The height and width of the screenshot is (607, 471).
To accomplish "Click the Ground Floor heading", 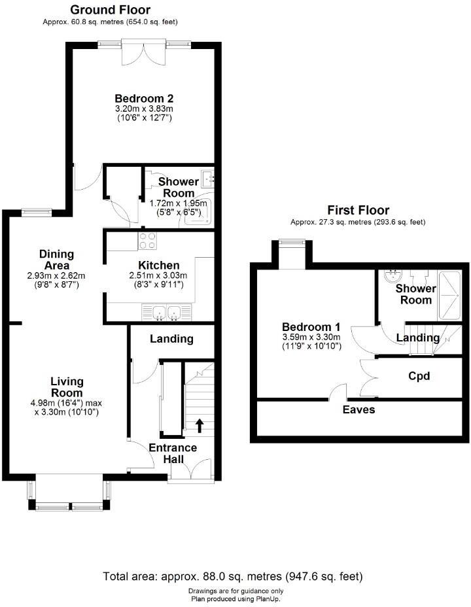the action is pyautogui.click(x=109, y=10).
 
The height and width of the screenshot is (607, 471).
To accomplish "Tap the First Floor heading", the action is pyautogui.click(x=358, y=210).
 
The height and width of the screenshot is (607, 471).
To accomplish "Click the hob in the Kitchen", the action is pyautogui.click(x=147, y=241).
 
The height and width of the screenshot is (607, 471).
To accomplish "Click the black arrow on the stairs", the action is pyautogui.click(x=200, y=426).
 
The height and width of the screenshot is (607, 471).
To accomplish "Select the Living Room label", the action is pyautogui.click(x=67, y=387).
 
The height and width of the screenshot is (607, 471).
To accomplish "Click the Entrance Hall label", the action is pyautogui.click(x=173, y=453).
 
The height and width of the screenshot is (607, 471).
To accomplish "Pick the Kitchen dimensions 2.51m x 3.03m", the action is pyautogui.click(x=158, y=275).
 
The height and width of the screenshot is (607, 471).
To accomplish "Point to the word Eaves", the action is pyautogui.click(x=358, y=409).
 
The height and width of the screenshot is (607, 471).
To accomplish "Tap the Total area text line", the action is pyautogui.click(x=232, y=577).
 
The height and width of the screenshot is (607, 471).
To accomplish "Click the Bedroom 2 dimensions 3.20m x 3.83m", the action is pyautogui.click(x=143, y=109).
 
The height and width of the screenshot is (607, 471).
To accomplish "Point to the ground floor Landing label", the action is pyautogui.click(x=171, y=339).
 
